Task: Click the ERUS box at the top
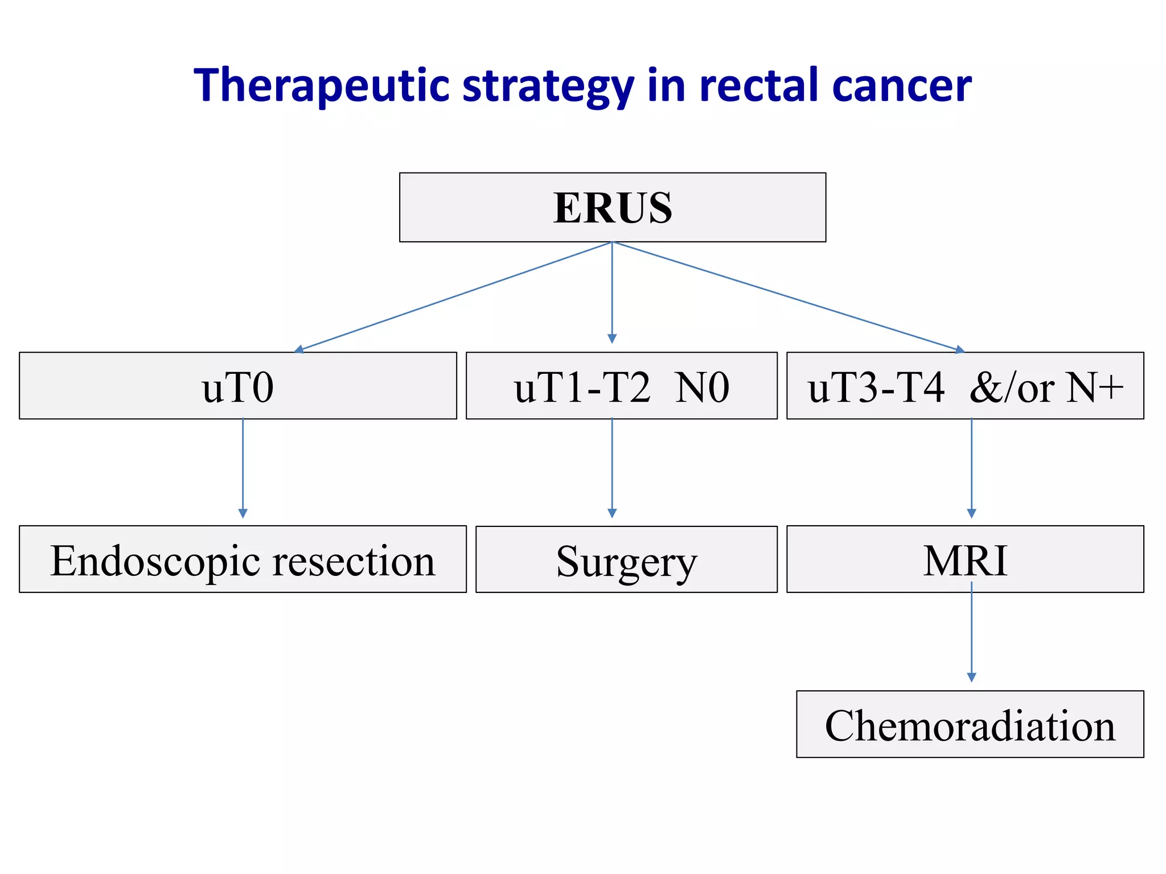[x=613, y=208]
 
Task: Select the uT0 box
[x=238, y=386]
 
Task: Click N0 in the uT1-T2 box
[x=702, y=387]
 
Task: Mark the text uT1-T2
[x=582, y=387]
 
